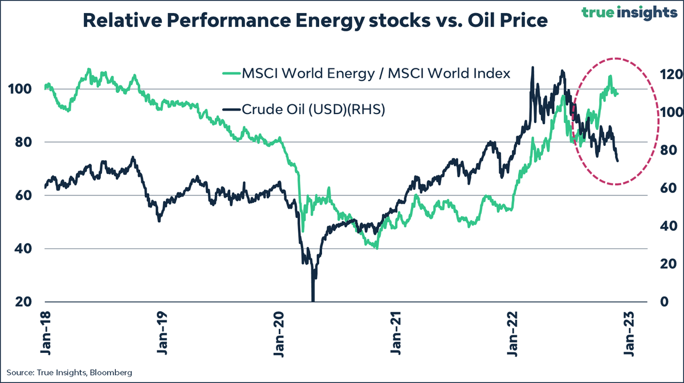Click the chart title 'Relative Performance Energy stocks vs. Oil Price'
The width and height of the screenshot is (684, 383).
click(x=315, y=21)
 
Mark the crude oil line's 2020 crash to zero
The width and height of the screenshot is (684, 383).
click(x=312, y=299)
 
